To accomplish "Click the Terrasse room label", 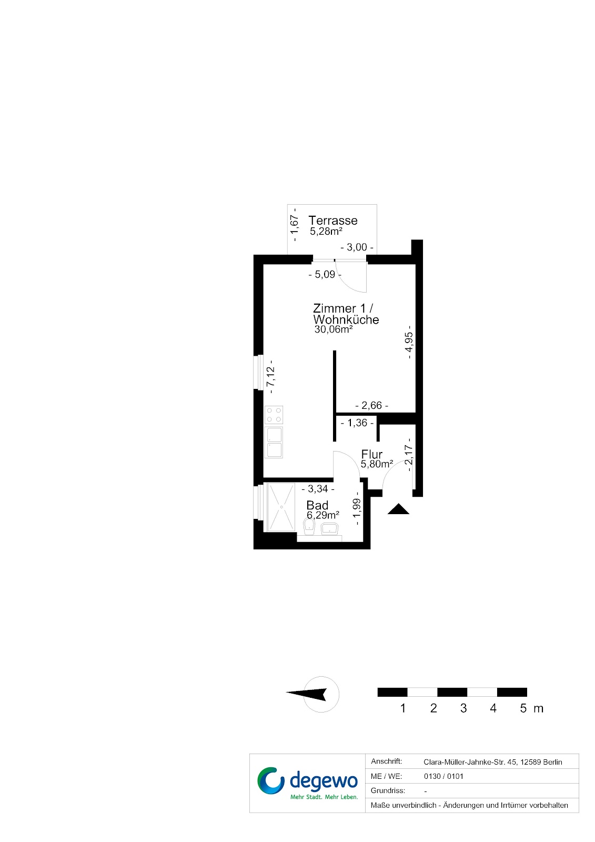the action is click(332, 220).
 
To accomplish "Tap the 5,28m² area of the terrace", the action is click(326, 231).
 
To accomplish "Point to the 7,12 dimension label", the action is click(270, 377).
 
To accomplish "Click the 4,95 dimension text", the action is click(409, 342).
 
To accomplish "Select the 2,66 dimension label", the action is click(372, 405).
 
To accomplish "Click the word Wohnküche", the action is click(346, 319).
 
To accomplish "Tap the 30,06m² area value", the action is click(334, 329).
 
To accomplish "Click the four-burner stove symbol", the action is click(274, 415).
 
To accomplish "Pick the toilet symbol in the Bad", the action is click(309, 527).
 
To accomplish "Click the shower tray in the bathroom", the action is click(280, 507).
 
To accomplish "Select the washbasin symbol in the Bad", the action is click(330, 529).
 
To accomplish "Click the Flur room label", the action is click(372, 454).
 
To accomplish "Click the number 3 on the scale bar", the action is click(463, 708).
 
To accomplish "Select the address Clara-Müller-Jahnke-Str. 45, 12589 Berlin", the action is click(493, 762).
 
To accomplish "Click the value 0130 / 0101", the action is click(443, 776).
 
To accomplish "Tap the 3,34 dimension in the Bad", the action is click(318, 489).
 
